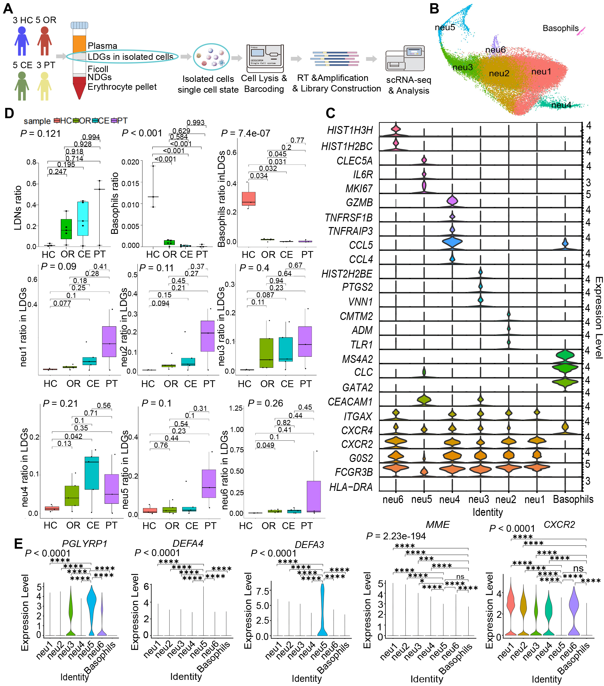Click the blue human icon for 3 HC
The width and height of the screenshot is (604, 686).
click(22, 41)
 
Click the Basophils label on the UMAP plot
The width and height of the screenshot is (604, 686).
click(560, 28)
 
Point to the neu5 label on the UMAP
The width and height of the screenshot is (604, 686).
click(445, 27)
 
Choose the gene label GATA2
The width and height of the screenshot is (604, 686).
click(357, 388)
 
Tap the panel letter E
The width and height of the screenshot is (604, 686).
click(18, 544)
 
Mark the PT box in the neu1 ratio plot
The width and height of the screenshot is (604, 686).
click(109, 341)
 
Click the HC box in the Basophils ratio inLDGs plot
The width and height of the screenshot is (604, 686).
click(249, 199)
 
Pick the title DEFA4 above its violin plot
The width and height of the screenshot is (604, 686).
click(188, 543)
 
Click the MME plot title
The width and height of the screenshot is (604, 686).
click(438, 525)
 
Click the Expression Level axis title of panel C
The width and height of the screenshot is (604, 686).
click(599, 318)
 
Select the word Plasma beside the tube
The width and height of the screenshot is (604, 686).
click(102, 46)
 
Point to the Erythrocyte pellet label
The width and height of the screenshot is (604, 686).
click(122, 87)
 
